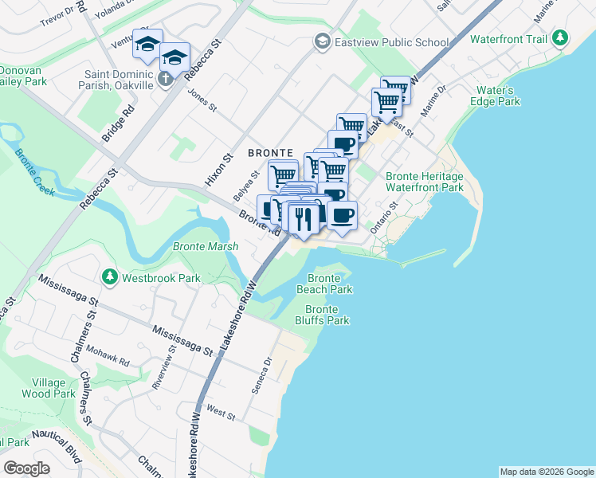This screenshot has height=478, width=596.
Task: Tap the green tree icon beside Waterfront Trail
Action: [x=561, y=38]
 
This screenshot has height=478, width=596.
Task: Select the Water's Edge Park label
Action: [x=499, y=96]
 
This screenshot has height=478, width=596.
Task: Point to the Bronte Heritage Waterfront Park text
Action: [x=424, y=182]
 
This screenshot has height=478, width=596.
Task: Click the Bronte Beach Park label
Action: [x=324, y=284]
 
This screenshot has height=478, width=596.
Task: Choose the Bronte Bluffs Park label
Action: [x=327, y=315]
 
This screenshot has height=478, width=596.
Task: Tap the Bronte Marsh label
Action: [x=206, y=247]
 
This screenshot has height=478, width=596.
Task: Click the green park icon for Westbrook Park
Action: [x=109, y=277]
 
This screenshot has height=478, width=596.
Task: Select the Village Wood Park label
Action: [x=49, y=388]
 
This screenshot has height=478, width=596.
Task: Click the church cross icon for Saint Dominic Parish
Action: [x=165, y=78]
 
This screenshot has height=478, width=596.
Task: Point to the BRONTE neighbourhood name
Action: [x=271, y=152]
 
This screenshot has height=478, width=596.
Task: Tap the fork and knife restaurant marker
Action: [x=304, y=217]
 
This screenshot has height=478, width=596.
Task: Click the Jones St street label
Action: [x=202, y=101]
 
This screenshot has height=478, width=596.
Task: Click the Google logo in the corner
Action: [x=27, y=468]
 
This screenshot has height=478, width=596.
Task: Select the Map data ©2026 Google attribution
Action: [x=546, y=472]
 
